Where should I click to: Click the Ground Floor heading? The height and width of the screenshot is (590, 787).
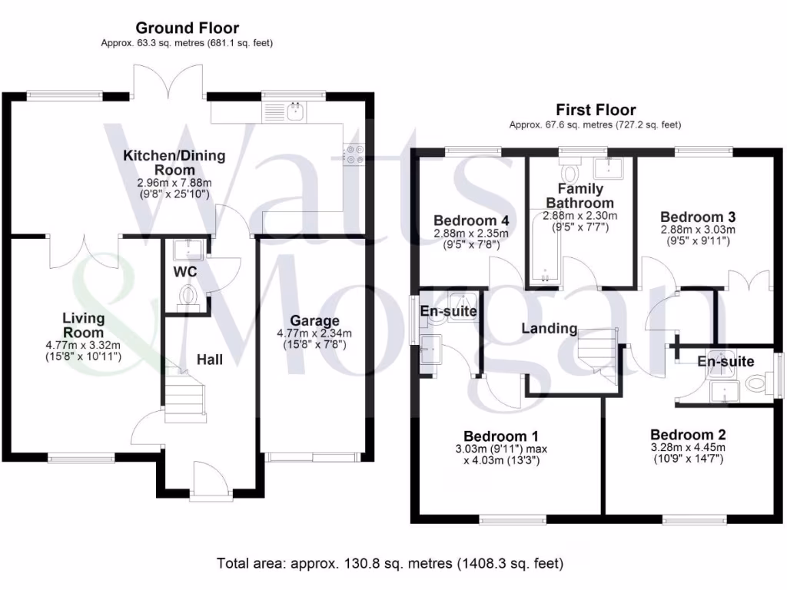[x=187, y=28]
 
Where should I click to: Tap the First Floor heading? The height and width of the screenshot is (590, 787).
[x=596, y=110]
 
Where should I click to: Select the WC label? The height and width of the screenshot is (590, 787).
[x=184, y=272]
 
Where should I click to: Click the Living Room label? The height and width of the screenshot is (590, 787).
[x=83, y=325]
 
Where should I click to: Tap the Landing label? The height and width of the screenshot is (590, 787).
[x=549, y=329]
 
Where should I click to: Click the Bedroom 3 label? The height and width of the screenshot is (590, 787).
[x=692, y=217]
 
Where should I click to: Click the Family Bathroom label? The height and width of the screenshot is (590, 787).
[x=579, y=195]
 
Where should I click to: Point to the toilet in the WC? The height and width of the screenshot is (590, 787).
[x=187, y=296]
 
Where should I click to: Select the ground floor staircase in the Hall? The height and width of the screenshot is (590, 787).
[x=184, y=391]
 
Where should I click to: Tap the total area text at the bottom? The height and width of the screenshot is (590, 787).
[x=390, y=563]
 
